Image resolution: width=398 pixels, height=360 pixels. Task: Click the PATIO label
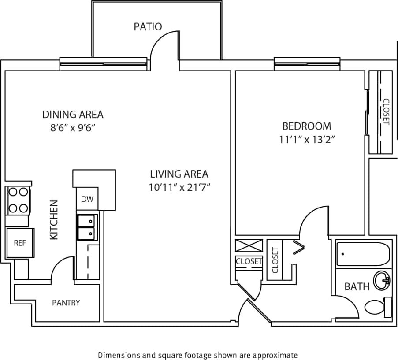tap(148, 27)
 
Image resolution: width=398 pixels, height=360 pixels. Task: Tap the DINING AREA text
tap(73, 115)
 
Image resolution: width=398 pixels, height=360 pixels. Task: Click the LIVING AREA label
tap(179, 174)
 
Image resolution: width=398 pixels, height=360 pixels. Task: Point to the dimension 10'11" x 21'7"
tap(179, 187)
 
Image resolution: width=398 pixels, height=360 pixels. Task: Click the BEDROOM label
tap(306, 126)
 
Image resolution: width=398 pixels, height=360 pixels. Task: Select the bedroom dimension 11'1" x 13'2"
tap(306, 140)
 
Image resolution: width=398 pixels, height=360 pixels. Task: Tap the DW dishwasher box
tap(87, 199)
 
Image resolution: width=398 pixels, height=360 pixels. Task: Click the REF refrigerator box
tap(19, 243)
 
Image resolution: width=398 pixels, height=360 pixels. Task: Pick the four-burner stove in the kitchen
tap(18, 200)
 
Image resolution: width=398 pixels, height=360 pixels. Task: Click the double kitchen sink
tap(87, 227)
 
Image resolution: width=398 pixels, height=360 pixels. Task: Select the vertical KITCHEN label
tap(54, 220)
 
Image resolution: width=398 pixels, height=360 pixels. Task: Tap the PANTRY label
tap(66, 303)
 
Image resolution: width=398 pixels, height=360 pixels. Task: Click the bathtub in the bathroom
tap(363, 254)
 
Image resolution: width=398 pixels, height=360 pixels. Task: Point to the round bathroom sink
tap(382, 280)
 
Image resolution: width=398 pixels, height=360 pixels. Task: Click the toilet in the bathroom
tap(377, 307)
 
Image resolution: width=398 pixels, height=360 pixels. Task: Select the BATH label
tap(357, 287)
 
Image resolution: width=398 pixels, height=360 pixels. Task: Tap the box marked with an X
tap(249, 245)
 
